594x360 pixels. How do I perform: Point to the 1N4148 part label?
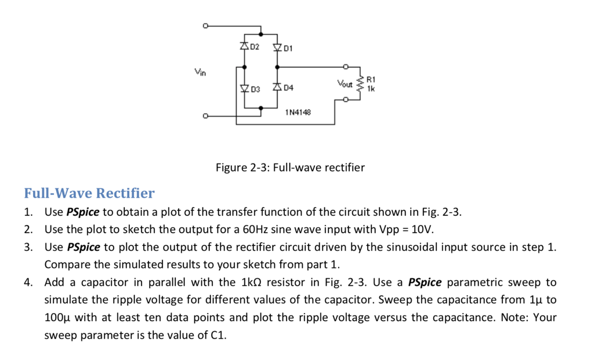coord(298,112)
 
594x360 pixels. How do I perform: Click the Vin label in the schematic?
coord(200,72)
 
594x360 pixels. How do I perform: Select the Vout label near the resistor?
coord(345,84)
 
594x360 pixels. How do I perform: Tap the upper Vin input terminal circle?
coord(205,26)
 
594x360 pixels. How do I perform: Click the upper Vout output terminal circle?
coord(346,66)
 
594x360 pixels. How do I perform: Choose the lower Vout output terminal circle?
coord(346,100)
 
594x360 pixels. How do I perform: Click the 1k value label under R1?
coord(371,89)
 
